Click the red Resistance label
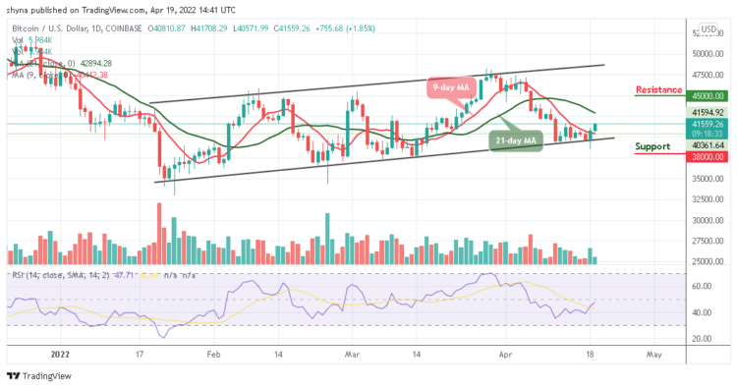pos(658,89)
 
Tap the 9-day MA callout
pos(454,88)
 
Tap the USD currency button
pos(709,29)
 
